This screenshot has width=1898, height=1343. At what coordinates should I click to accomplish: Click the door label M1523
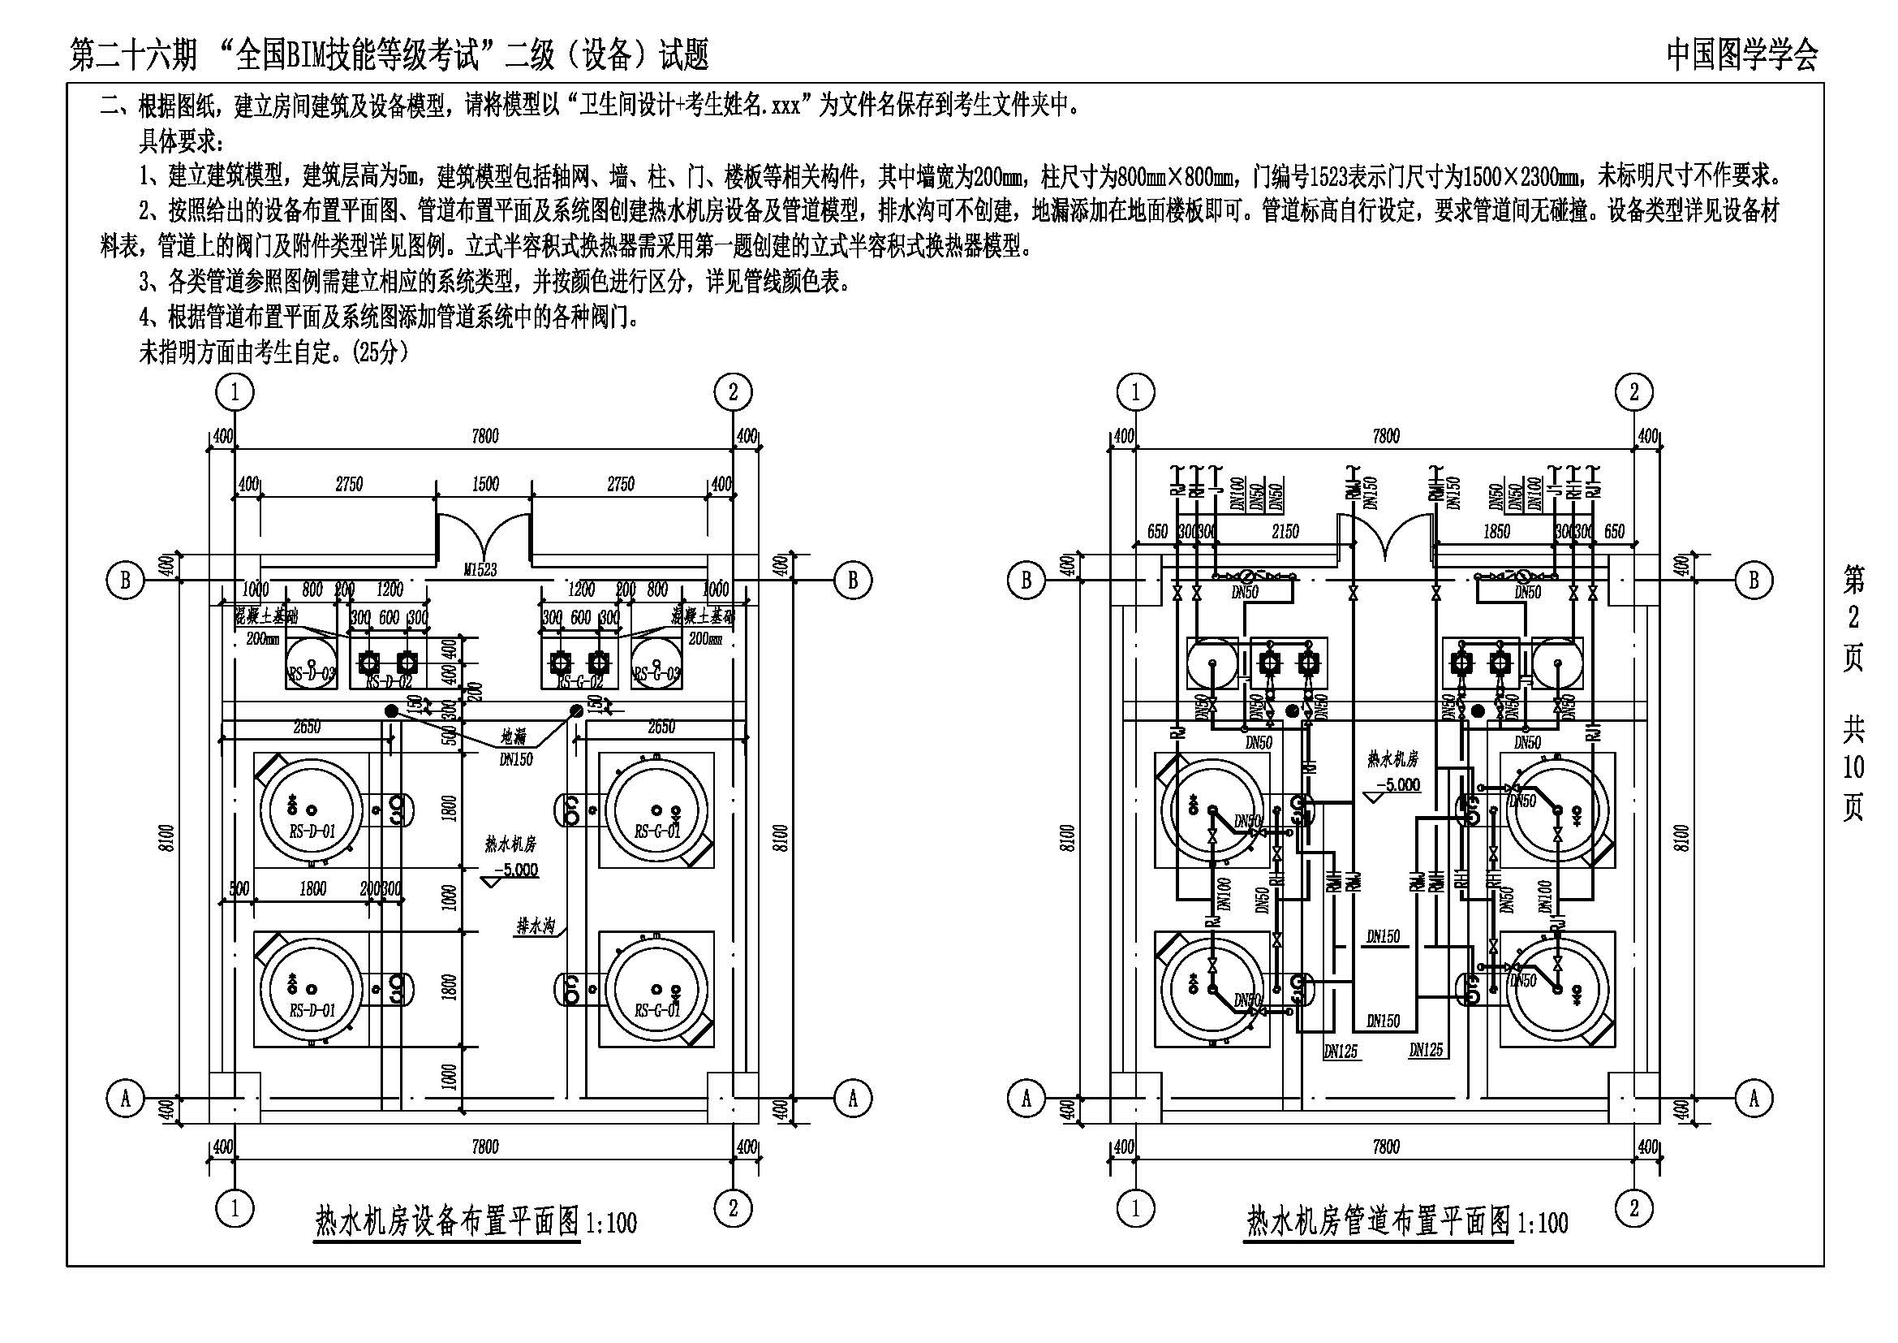tap(480, 570)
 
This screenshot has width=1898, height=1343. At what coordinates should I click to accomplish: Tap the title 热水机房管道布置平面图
tap(1378, 1221)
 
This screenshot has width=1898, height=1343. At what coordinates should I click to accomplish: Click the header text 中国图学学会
tap(1741, 55)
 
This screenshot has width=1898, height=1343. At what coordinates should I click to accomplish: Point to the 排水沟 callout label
tap(535, 926)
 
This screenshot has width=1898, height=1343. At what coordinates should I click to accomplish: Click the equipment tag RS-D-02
tap(389, 682)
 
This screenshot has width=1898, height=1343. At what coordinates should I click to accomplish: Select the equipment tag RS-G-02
tap(579, 682)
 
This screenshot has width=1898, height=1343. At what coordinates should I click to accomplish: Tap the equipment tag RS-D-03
tap(311, 675)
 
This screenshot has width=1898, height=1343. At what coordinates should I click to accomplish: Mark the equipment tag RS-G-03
tap(657, 675)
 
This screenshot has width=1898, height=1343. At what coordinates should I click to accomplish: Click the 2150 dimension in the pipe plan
tap(1285, 532)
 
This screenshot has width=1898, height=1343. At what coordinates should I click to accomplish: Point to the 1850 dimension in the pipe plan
tap(1496, 532)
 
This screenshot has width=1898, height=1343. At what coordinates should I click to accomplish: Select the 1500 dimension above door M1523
tap(485, 484)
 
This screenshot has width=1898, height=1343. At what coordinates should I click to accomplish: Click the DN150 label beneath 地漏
tap(516, 758)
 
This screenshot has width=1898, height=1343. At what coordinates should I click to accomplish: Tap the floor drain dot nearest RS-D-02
tap(391, 710)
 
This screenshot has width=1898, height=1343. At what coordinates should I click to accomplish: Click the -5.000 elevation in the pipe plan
tap(1397, 784)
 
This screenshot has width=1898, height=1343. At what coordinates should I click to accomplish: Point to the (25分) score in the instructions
tap(381, 352)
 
